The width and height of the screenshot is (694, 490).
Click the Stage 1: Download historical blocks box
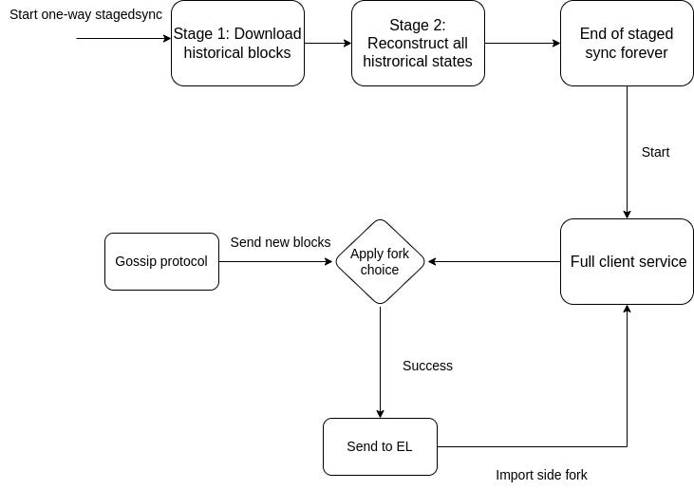click(237, 43)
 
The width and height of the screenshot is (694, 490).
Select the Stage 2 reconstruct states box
click(418, 43)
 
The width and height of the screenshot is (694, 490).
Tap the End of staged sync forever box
click(627, 43)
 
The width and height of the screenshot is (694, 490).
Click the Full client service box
click(627, 261)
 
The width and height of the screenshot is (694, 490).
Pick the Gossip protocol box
click(161, 261)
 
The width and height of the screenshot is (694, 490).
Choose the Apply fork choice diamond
click(380, 261)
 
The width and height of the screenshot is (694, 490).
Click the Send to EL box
click(380, 446)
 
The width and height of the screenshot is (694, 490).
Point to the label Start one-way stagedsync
click(85, 14)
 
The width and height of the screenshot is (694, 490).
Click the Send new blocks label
click(280, 242)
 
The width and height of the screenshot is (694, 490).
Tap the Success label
click(427, 366)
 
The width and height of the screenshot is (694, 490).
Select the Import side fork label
click(541, 475)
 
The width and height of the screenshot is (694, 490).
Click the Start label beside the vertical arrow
click(655, 152)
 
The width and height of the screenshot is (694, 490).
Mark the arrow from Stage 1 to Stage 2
click(328, 43)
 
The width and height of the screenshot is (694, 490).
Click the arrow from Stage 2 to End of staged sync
click(522, 43)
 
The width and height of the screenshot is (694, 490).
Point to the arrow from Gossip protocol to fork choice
click(275, 261)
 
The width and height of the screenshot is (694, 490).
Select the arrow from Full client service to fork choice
click(494, 261)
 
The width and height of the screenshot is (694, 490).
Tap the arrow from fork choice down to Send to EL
click(380, 361)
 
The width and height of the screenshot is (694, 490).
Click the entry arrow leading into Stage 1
click(123, 39)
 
